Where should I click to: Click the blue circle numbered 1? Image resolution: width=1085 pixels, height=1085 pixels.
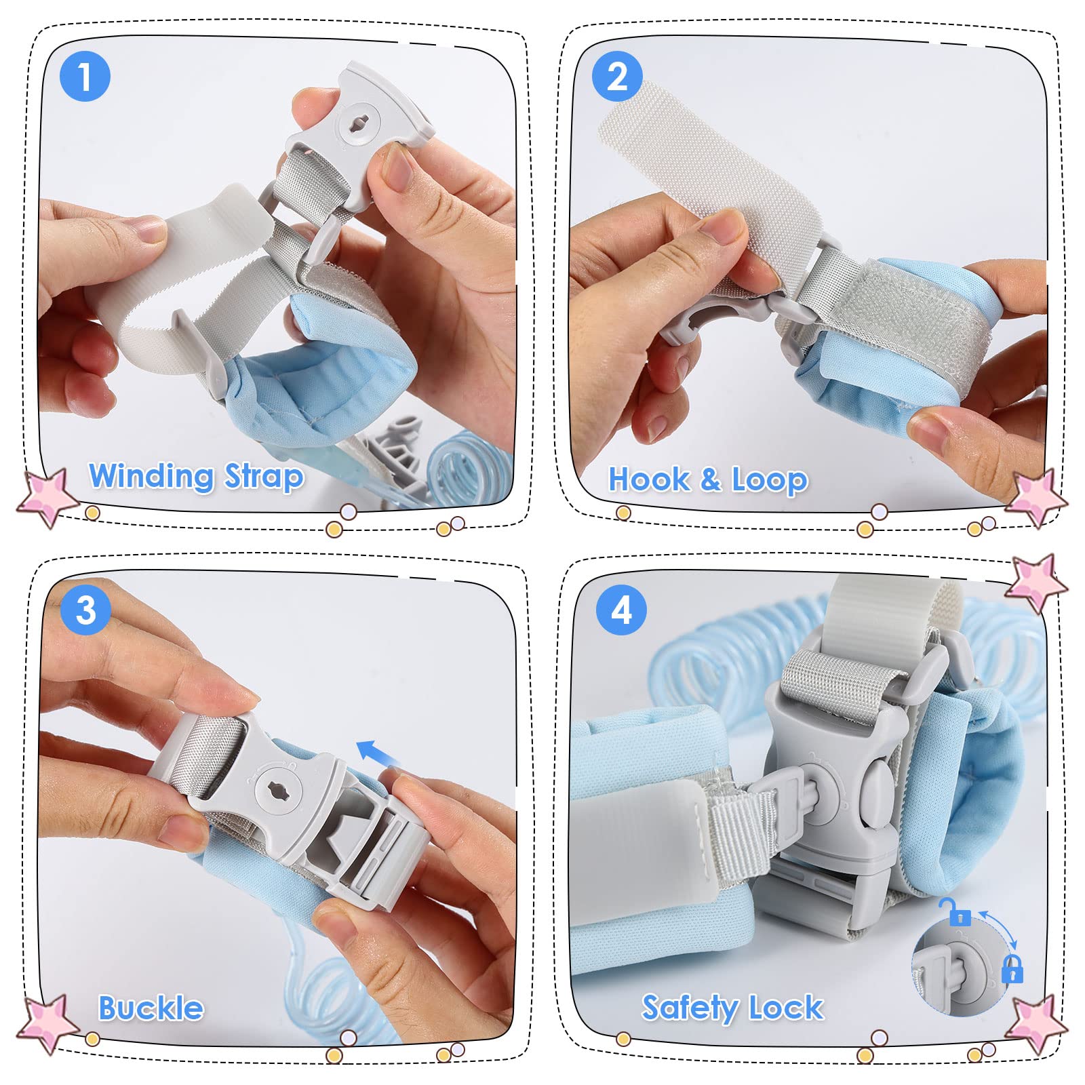[85, 77]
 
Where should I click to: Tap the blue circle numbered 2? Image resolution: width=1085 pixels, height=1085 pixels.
[617, 77]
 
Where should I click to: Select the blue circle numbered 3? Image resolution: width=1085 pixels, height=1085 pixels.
[85, 610]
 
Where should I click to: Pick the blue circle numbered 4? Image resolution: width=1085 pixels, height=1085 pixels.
[621, 610]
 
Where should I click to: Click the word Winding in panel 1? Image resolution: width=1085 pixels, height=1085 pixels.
[152, 476]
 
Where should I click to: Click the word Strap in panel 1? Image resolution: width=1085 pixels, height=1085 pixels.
[264, 476]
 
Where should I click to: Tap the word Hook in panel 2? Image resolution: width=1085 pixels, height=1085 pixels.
[650, 479]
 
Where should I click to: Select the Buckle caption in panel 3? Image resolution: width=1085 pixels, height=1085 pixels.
[151, 1008]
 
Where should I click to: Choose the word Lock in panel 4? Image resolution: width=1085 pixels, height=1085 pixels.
[787, 1008]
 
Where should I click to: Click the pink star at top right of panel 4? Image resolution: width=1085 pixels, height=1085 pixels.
[1035, 583]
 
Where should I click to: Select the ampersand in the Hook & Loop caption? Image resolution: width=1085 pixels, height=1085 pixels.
[711, 479]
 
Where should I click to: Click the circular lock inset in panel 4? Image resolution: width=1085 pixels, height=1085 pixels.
[962, 966]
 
